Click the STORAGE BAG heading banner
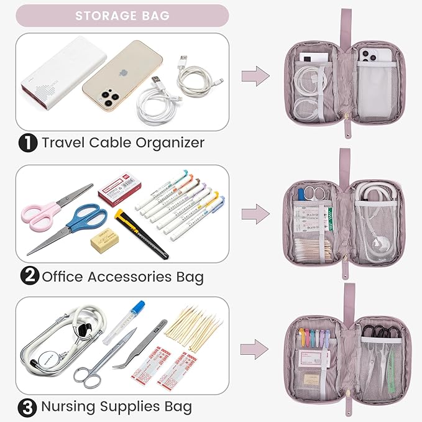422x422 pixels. pos(122,16)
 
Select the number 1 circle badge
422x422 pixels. pos(27,143)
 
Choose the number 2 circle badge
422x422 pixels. pos(27,276)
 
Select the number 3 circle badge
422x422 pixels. pos(27,408)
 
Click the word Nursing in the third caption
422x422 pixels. pos(68,408)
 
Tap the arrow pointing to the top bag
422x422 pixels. pos(255,77)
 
